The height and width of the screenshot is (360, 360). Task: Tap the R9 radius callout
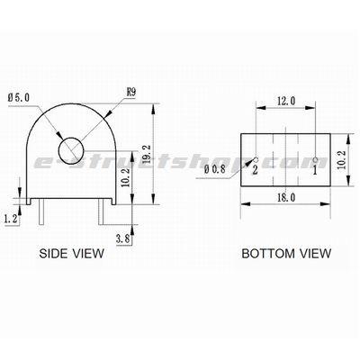click(x=131, y=91)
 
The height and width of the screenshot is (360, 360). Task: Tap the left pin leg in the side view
click(x=41, y=213)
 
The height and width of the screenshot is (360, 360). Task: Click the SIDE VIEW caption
click(x=72, y=255)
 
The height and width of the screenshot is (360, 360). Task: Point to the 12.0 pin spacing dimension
click(x=285, y=102)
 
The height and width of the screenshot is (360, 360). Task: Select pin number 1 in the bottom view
click(x=315, y=167)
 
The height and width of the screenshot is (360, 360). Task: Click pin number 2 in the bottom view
click(x=256, y=168)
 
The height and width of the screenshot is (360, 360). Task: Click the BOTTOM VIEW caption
click(x=285, y=255)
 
